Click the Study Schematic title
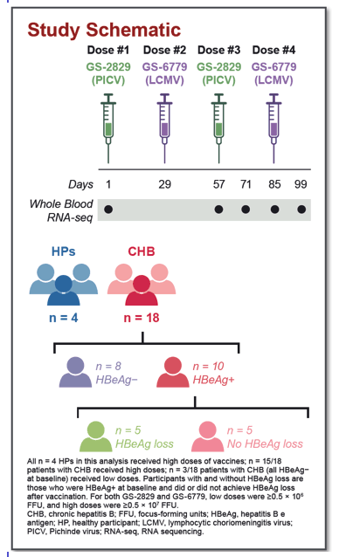104,30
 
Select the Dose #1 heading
108,50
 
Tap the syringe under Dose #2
164,128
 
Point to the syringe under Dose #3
219,128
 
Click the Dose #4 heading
273,50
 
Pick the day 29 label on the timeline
164,184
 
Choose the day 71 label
246,184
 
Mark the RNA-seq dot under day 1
108,210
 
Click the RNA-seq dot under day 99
301,210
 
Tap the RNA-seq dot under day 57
219,210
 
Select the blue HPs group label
63,251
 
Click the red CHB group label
142,251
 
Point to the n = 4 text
64,318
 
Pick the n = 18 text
142,318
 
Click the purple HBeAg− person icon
75,372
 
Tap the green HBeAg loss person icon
95,437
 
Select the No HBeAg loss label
265,444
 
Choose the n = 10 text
208,367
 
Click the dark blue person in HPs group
64,290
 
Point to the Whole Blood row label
61,204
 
